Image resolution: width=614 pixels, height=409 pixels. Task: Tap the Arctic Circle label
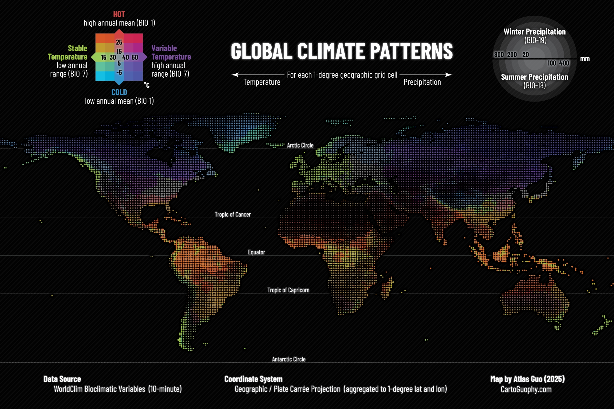pyautogui.click(x=300, y=145)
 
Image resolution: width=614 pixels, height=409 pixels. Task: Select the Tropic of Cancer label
pyautogui.click(x=232, y=214)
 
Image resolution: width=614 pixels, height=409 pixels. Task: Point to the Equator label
pyautogui.click(x=256, y=252)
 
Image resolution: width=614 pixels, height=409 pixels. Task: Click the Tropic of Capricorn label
pyautogui.click(x=288, y=290)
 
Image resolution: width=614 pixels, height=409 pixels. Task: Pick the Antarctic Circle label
pyautogui.click(x=289, y=359)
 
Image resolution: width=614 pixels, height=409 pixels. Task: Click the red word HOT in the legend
pyautogui.click(x=119, y=14)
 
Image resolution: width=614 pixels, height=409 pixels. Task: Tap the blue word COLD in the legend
pyautogui.click(x=119, y=92)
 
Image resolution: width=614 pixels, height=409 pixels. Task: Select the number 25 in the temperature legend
pyautogui.click(x=119, y=42)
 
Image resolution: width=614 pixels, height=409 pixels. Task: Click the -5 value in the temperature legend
pyautogui.click(x=119, y=73)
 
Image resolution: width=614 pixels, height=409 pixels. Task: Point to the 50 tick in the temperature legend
pyautogui.click(x=135, y=57)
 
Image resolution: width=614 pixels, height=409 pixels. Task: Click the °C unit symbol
pyautogui.click(x=146, y=85)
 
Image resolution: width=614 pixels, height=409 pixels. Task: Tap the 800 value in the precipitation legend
pyautogui.click(x=499, y=55)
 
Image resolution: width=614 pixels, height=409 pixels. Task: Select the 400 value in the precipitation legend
pyautogui.click(x=564, y=63)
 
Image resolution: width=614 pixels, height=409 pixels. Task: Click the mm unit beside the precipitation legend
pyautogui.click(x=585, y=59)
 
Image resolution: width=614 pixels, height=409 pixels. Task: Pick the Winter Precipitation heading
pyautogui.click(x=534, y=32)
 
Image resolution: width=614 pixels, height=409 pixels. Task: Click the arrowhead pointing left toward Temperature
pyautogui.click(x=235, y=75)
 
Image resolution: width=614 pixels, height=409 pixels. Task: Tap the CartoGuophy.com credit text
pyautogui.click(x=526, y=389)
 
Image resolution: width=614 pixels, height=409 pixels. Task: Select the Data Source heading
pyautogui.click(x=62, y=379)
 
